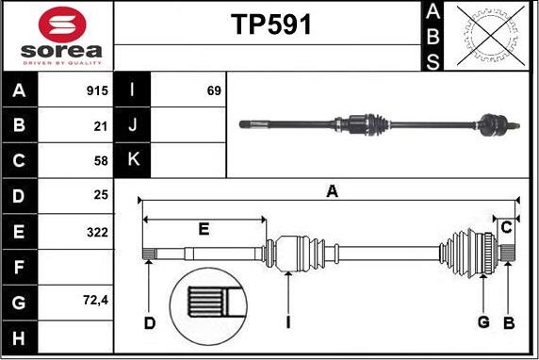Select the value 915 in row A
(95, 91)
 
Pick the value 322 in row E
(95, 232)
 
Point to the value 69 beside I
(213, 91)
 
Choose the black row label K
(133, 159)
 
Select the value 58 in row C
(100, 161)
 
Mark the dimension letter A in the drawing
(332, 191)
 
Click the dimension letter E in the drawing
(204, 229)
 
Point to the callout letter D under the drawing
(150, 324)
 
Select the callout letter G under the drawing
(483, 324)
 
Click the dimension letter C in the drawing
(507, 226)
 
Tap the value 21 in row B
(100, 126)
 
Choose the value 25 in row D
(100, 196)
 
